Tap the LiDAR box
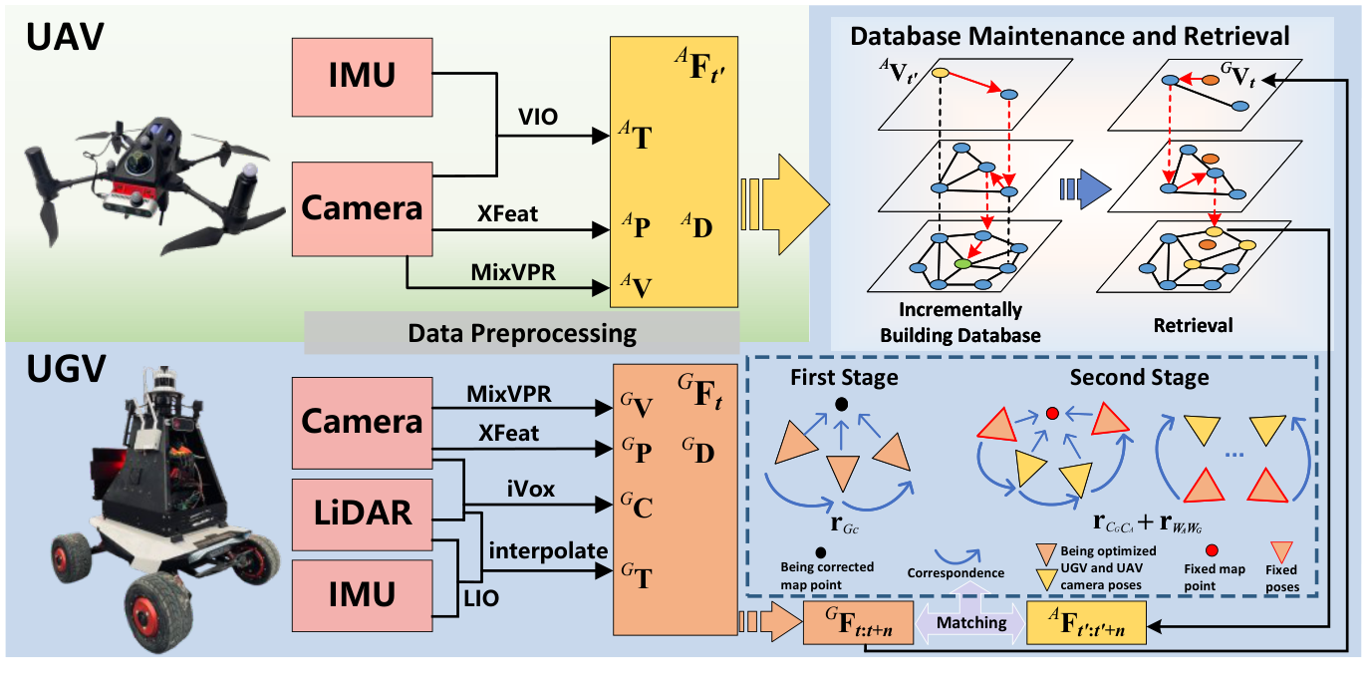360,513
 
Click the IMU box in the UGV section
360,594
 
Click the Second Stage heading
1139,378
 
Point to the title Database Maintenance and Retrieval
1069,37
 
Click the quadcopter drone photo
149,189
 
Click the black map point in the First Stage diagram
842,404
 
